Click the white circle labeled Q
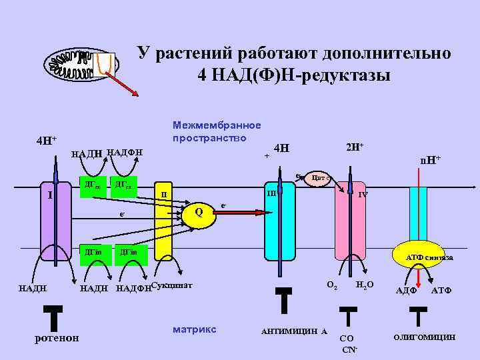[198, 213]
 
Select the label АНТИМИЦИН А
[293, 331]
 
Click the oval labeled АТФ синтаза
[426, 257]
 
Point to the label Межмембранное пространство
[216, 131]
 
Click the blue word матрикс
[194, 329]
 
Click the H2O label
[365, 285]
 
